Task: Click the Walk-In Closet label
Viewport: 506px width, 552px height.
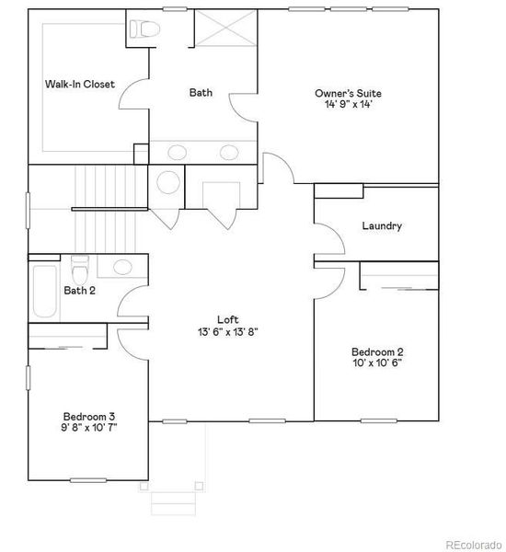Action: point(80,85)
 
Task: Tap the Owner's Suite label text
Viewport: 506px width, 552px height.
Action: point(348,93)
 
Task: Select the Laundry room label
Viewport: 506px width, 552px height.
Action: point(382,225)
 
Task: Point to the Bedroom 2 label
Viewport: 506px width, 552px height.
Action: point(377,351)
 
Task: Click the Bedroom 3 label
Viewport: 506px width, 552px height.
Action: point(89,415)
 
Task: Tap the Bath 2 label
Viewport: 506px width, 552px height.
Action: point(80,291)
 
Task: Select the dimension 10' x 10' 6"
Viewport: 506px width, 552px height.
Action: point(377,362)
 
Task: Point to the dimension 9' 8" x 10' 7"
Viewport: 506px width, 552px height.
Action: point(89,426)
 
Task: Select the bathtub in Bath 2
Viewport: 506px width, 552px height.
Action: point(43,293)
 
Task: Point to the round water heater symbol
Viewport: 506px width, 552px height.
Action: point(169,182)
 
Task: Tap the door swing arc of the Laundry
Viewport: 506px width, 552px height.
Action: point(337,239)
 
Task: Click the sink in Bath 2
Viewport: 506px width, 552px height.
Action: point(122,268)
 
